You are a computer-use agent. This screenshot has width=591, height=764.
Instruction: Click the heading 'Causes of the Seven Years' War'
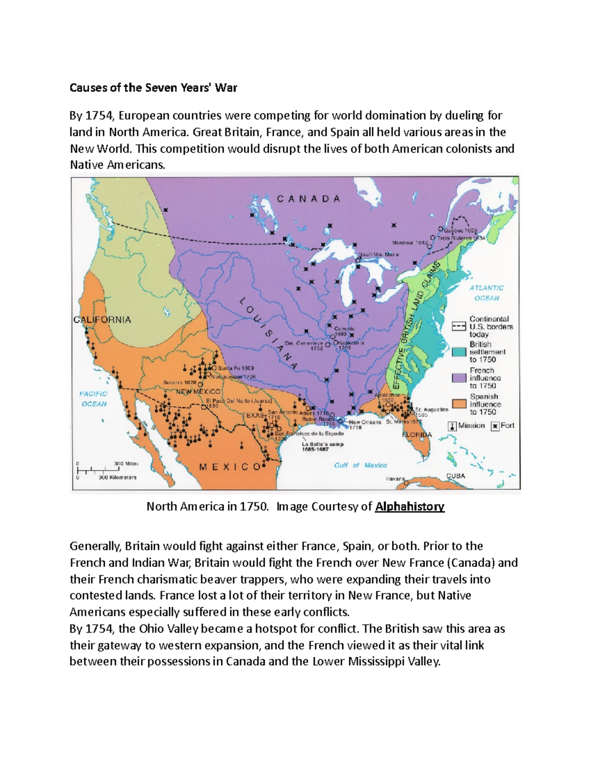[153, 88]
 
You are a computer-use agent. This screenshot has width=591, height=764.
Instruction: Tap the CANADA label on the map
[308, 199]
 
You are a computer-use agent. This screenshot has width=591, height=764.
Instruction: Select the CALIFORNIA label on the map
[102, 320]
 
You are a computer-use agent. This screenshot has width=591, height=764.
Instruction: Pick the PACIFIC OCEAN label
[94, 398]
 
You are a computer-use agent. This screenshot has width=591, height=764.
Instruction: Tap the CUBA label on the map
[456, 476]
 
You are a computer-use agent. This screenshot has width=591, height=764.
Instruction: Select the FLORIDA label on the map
[417, 435]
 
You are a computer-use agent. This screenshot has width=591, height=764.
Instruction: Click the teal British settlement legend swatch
[459, 352]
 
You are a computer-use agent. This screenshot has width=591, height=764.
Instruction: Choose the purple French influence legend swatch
[459, 378]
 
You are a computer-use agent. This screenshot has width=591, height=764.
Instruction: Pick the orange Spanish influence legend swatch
[459, 404]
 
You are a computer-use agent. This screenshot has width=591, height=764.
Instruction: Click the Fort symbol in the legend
[495, 426]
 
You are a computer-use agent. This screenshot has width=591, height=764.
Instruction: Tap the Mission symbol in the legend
[452, 426]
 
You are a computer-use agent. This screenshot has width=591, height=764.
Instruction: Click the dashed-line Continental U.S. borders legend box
[459, 326]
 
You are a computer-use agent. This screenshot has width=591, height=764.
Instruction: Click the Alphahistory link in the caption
[409, 507]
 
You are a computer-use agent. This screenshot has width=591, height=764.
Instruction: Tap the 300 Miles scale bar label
[126, 463]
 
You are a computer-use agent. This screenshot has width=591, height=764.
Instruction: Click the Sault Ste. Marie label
[379, 254]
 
